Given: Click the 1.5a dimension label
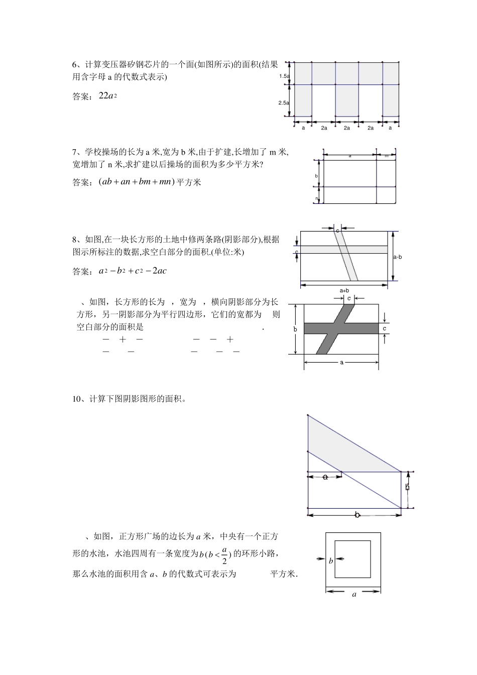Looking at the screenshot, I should tap(284, 76).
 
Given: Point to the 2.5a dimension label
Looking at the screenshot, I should tap(284, 102).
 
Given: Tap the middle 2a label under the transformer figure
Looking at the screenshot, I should tap(347, 128).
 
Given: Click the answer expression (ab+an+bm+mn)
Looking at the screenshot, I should tap(136, 182).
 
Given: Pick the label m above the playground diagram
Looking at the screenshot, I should tap(387, 156).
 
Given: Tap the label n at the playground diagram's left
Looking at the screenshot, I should tap(317, 199).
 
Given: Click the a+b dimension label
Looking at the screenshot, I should tap(344, 290).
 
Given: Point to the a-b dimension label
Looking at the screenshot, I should tap(397, 257).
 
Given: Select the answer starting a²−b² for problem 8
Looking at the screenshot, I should tap(133, 271).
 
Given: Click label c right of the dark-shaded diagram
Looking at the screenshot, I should tap(384, 328).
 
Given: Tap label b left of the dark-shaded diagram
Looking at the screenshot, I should tap(295, 329).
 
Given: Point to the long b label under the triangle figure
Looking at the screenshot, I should tap(357, 515).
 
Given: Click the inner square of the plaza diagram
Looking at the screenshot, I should tap(352, 559).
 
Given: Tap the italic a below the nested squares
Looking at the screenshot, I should tap(354, 595).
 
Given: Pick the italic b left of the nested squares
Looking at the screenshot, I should tap(331, 561).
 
